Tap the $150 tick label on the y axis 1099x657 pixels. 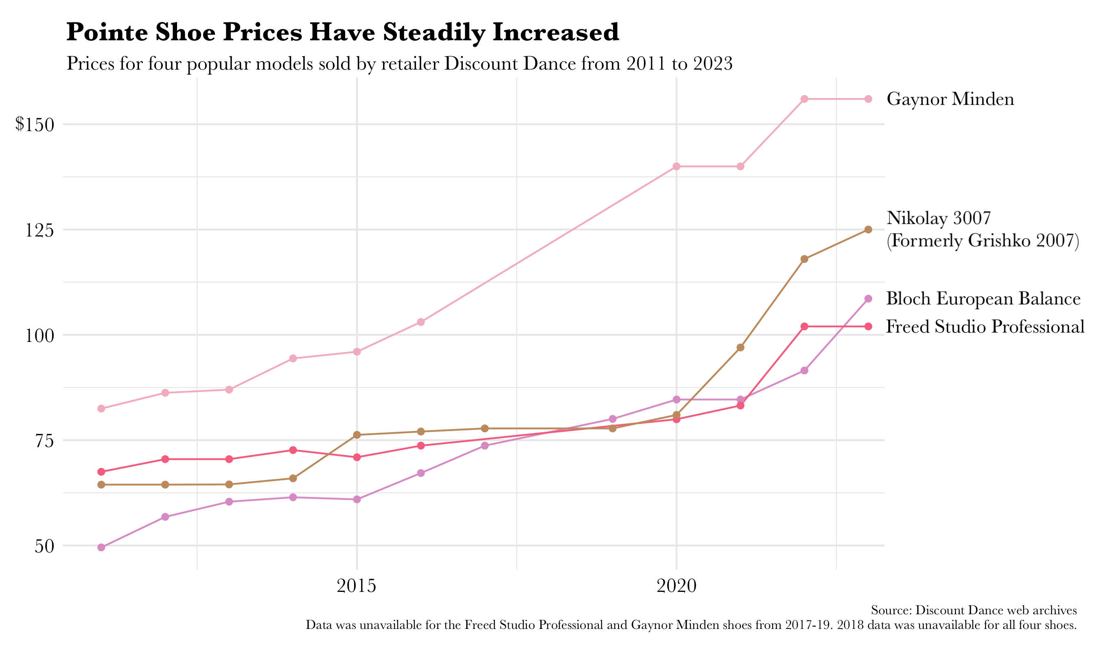click(35, 125)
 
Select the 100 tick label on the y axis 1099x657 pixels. click(39, 335)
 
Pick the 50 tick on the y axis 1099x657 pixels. click(44, 546)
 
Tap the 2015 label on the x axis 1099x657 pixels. click(356, 586)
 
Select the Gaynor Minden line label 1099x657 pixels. click(950, 99)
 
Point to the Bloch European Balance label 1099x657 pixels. click(983, 299)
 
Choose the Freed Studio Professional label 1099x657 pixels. click(985, 327)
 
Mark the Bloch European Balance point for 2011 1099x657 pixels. click(101, 547)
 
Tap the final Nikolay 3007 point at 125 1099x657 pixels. click(868, 229)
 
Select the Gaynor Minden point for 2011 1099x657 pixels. click(101, 409)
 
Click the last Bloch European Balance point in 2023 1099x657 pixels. click(868, 299)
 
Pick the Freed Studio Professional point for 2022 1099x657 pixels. click(804, 327)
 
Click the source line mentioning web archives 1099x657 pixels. click(973, 611)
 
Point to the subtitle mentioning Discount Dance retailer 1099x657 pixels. click(399, 64)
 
